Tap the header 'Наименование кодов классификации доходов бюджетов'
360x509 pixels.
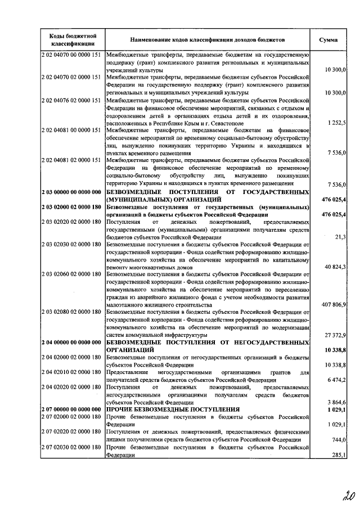(x=208, y=40)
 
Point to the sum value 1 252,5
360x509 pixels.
(x=335, y=123)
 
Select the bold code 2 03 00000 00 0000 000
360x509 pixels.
(x=71, y=192)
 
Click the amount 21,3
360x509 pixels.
(x=340, y=237)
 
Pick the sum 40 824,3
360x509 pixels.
(x=334, y=267)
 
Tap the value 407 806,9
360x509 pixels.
(x=332, y=304)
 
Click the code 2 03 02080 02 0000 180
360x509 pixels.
(x=71, y=312)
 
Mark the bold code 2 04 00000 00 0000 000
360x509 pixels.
(x=71, y=342)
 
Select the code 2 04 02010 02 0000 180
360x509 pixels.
(x=71, y=372)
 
